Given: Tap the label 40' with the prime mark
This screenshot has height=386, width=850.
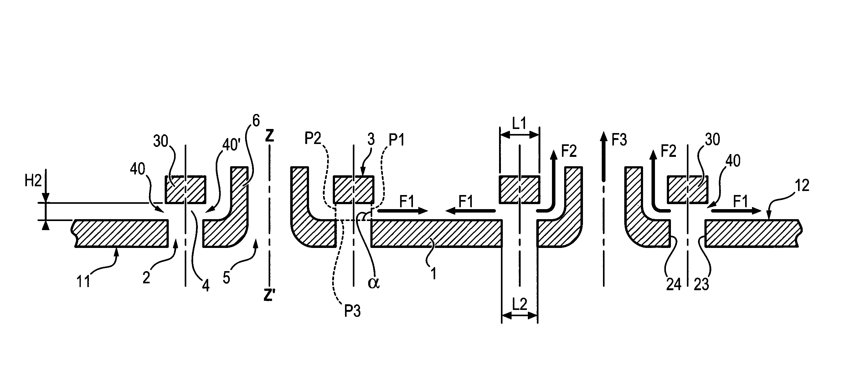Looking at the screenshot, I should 231,144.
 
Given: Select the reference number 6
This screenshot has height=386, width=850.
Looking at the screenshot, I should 256,121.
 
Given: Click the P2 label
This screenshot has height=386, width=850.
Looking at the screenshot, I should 313,139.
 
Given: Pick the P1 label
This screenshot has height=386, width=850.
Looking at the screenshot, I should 397,140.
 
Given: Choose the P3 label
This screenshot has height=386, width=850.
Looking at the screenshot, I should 353,311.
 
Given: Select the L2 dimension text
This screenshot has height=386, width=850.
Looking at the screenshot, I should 520,304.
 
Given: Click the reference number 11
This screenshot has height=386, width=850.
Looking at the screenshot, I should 83,282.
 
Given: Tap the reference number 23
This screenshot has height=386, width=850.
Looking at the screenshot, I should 702,284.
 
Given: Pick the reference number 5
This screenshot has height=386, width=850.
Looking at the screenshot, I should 226,278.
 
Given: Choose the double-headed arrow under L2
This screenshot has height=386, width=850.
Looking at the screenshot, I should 520,316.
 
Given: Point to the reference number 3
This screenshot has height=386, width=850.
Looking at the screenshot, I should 371,140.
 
